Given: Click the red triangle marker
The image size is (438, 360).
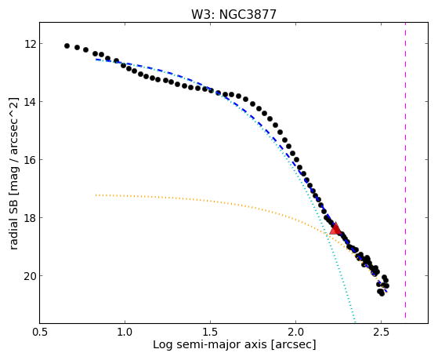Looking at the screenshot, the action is (x=335, y=228).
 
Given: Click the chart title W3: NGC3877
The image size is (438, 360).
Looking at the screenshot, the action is (x=233, y=15).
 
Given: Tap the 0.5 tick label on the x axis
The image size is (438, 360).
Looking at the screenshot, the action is (x=39, y=332).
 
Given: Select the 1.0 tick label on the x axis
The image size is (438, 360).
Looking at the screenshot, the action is (x=125, y=332).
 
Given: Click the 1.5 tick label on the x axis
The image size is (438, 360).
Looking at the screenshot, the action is (x=210, y=332).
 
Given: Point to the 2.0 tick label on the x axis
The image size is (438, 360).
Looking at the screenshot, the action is (x=296, y=332).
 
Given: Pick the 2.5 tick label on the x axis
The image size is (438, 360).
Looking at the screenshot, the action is (x=382, y=332).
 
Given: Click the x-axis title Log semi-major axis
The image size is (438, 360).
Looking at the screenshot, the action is (x=210, y=345).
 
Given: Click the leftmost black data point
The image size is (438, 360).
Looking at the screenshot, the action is (x=67, y=45).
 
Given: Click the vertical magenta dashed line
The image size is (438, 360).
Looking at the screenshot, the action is (x=405, y=170).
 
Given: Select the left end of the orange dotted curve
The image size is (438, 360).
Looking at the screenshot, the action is (x=96, y=195).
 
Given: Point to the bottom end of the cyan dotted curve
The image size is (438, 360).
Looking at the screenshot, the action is (x=355, y=322).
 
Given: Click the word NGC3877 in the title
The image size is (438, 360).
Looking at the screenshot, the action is (x=248, y=15).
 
